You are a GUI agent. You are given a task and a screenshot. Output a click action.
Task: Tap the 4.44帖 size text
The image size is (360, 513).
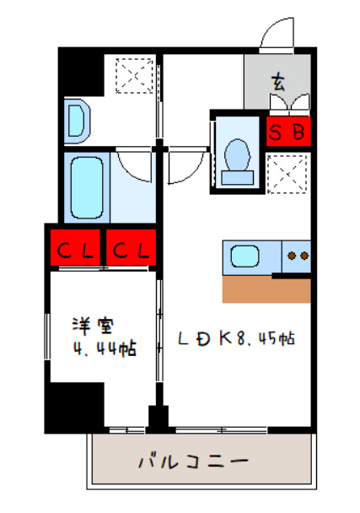102,348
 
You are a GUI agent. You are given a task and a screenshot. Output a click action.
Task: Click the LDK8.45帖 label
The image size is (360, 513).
235,338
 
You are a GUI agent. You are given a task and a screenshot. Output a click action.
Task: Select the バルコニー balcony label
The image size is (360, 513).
192,462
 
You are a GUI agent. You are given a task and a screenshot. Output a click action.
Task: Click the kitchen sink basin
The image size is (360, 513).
246,256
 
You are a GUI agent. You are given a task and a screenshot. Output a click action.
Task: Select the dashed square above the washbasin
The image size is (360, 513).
132,73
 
